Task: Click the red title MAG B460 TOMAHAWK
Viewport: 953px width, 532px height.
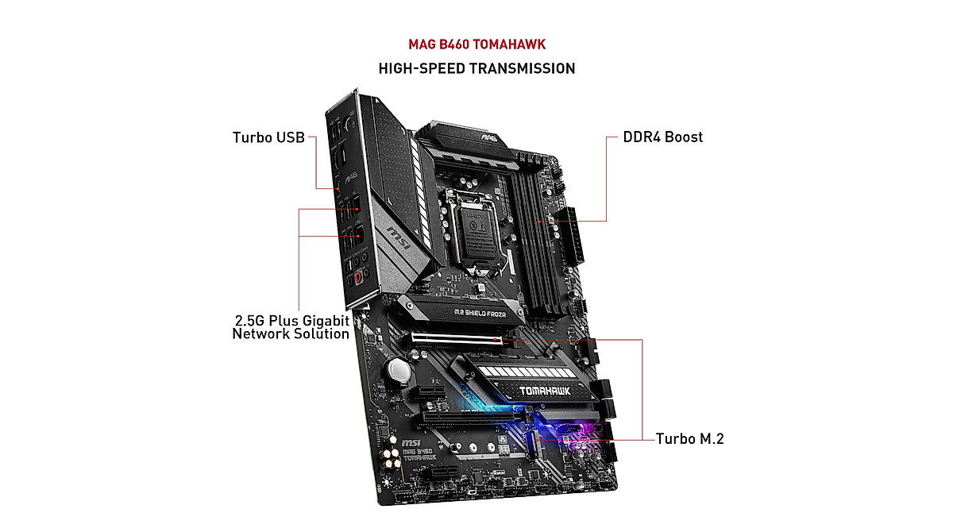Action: tap(476, 44)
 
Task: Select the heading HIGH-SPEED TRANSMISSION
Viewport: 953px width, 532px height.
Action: tap(476, 68)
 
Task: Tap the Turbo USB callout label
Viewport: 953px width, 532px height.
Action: tap(268, 137)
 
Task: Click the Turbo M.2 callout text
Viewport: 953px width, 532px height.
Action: tap(689, 438)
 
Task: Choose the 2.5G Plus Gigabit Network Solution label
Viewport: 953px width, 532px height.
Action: tap(291, 327)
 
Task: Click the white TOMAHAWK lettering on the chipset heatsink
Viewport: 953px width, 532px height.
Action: tap(526, 391)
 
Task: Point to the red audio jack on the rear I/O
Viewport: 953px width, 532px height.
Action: tap(360, 278)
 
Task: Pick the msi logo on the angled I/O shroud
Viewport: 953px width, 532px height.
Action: tap(398, 235)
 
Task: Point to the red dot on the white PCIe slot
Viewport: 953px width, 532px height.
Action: tap(497, 340)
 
